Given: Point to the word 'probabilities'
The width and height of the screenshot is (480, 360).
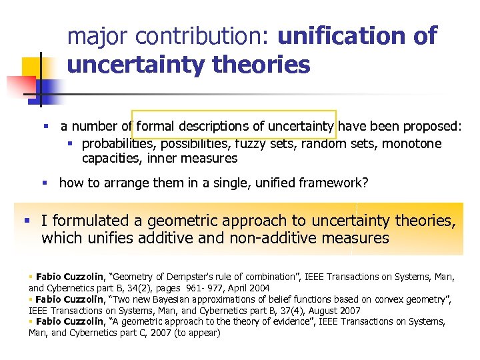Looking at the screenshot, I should [117, 144].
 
